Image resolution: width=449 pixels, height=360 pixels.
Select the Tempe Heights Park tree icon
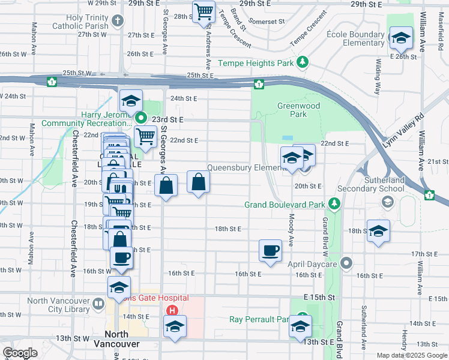pyautogui.click(x=304, y=62)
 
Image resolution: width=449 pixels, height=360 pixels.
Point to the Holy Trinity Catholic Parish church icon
pyautogui.click(x=117, y=21)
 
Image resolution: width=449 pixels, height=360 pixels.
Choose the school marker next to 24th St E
pyautogui.click(x=130, y=101)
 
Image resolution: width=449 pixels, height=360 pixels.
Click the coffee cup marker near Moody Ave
pyautogui.click(x=270, y=250)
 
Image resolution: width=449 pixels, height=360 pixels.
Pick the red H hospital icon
pyautogui.click(x=172, y=311)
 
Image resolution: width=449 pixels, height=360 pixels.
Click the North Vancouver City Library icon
pyautogui.click(x=98, y=302)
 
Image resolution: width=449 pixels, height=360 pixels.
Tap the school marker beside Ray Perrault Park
pyautogui.click(x=300, y=326)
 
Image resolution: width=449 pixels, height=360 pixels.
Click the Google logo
pyautogui.click(x=20, y=353)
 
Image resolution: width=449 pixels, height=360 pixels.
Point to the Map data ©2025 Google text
pyautogui.click(x=411, y=355)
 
